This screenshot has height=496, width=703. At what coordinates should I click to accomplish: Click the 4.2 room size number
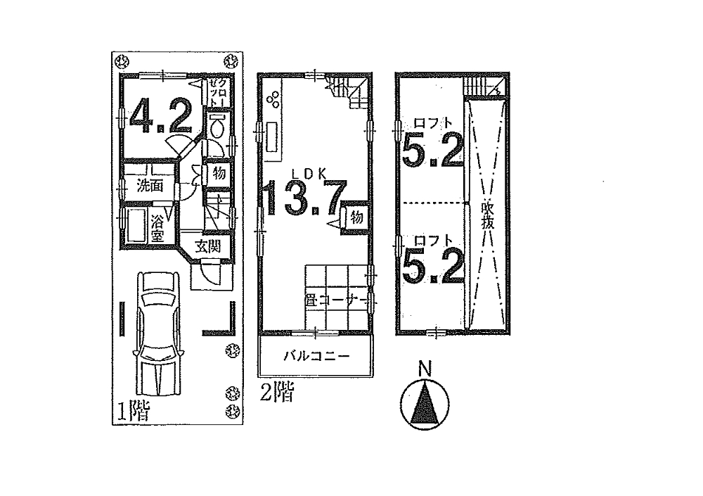pos(161,116)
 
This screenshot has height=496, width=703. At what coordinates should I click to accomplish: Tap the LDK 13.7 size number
pos(306,198)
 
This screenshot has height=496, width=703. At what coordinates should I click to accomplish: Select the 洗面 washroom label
pos(150,185)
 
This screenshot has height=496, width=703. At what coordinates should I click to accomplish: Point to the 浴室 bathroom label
pos(157,229)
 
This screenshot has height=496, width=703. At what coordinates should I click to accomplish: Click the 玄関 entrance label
pos(208,246)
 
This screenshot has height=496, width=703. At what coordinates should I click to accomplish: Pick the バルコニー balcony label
pos(316,357)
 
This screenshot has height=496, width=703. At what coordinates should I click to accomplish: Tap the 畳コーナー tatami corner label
pos(335,300)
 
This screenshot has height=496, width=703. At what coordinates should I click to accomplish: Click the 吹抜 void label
pos(488,215)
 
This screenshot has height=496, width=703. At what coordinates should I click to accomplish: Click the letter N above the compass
pos(425,369)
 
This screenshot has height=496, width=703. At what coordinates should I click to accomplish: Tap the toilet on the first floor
pos(217,126)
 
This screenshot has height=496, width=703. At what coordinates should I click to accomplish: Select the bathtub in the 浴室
pos(136,226)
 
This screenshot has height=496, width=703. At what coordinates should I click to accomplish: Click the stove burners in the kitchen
pos(273,101)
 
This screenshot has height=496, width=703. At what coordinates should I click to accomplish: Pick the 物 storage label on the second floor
pos(356,217)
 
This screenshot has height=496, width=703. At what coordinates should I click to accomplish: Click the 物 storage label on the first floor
pos(219,173)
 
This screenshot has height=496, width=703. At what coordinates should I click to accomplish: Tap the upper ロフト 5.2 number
pos(432,149)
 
